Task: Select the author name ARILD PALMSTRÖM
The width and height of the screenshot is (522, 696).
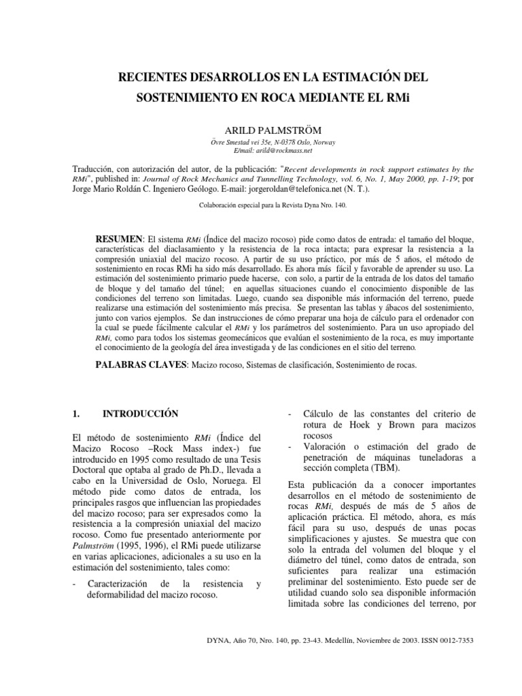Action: [x=260, y=129]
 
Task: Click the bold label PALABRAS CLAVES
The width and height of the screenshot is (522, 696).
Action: [x=142, y=366]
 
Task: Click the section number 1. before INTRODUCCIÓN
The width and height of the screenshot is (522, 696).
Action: [x=76, y=413]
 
